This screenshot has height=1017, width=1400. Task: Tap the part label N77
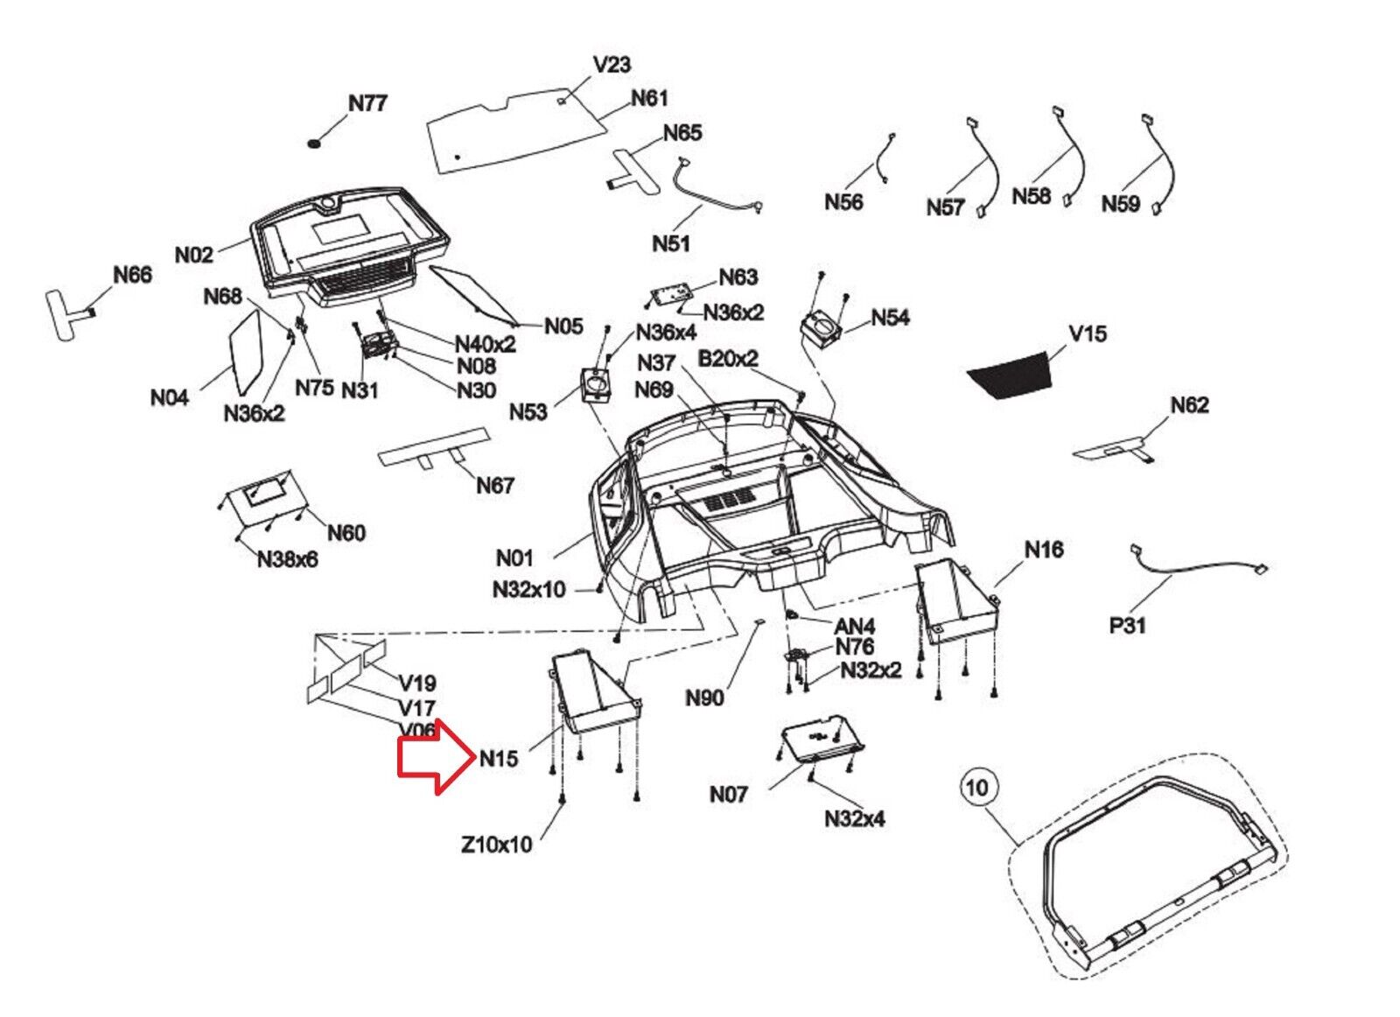pyautogui.click(x=367, y=103)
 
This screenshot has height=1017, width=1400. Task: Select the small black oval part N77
pyautogui.click(x=315, y=142)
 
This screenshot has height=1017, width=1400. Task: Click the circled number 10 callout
pyautogui.click(x=976, y=788)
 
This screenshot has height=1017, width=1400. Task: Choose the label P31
pyautogui.click(x=1127, y=626)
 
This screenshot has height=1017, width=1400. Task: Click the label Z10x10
pyautogui.click(x=496, y=845)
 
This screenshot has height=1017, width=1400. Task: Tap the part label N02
pyautogui.click(x=194, y=255)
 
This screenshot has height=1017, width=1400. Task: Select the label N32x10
pyautogui.click(x=528, y=590)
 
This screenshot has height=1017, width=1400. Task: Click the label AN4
pyautogui.click(x=854, y=627)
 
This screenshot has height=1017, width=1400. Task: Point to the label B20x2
pyautogui.click(x=727, y=359)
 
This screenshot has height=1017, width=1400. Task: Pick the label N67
pyautogui.click(x=494, y=485)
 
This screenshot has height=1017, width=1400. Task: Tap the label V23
pyautogui.click(x=612, y=65)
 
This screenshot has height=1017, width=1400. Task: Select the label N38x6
pyautogui.click(x=287, y=559)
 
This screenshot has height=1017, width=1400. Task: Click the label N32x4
pyautogui.click(x=854, y=819)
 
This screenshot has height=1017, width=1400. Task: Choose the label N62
pyautogui.click(x=1189, y=405)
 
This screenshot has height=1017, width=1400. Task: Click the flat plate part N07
pyautogui.click(x=819, y=740)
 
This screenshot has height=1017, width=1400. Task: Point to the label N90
pyautogui.click(x=704, y=698)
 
